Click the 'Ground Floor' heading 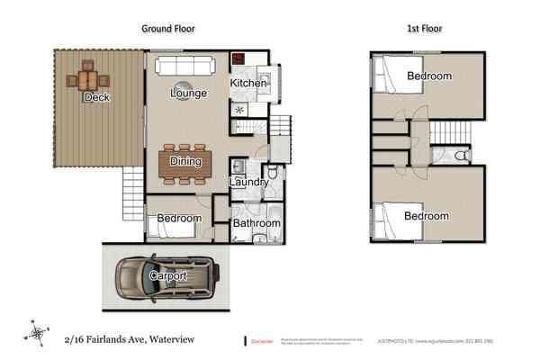(x=168, y=29)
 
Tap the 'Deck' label (x=95, y=97)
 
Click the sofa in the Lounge (x=184, y=67)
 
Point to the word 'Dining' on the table (x=184, y=162)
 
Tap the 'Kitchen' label (x=248, y=84)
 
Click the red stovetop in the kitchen (x=239, y=60)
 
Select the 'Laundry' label (x=248, y=183)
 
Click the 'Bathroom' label (x=256, y=223)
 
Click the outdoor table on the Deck (x=87, y=75)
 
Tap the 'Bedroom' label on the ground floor (x=178, y=219)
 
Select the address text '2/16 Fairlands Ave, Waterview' (x=128, y=339)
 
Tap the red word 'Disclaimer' (x=263, y=340)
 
